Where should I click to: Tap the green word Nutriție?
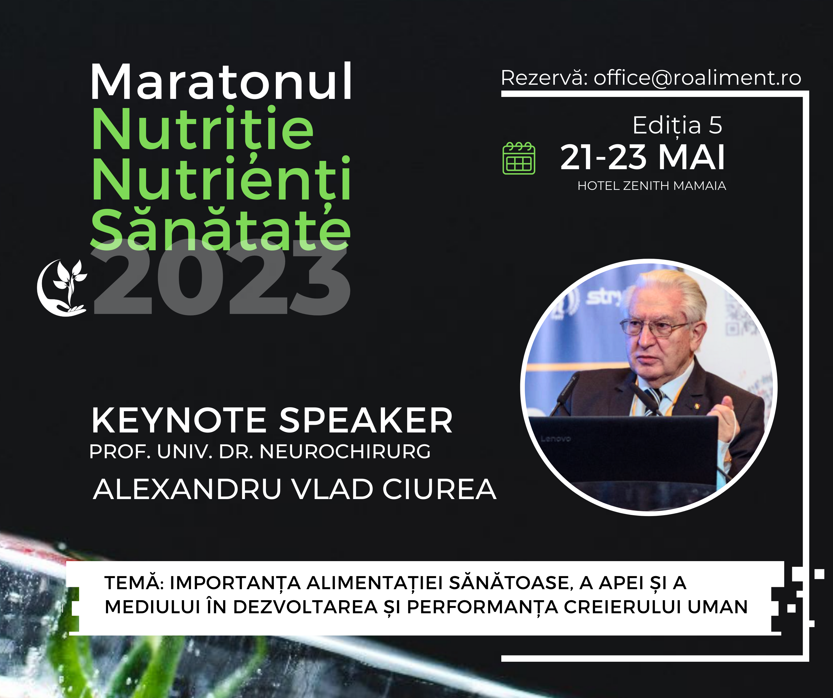tap(203, 129)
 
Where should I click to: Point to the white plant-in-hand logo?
tap(62, 288)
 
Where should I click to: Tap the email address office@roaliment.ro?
tap(697, 77)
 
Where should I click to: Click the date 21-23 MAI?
tap(642, 158)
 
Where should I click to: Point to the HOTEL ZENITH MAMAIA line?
tap(652, 186)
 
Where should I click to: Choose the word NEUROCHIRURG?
tap(345, 451)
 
